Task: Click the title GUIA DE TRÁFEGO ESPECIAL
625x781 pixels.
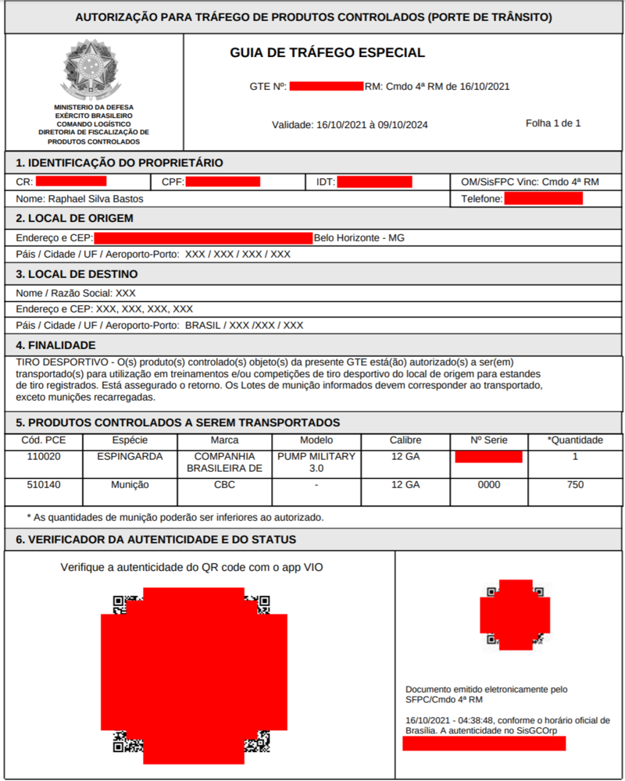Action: click(327, 53)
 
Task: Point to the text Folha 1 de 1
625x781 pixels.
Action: click(553, 123)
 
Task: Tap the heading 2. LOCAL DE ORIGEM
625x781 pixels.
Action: click(75, 218)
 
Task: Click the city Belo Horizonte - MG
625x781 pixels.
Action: click(359, 237)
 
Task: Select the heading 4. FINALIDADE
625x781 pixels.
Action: click(56, 345)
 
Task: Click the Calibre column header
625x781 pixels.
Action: click(405, 440)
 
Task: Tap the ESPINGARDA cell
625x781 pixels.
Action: click(130, 456)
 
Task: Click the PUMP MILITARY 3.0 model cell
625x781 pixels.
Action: click(316, 462)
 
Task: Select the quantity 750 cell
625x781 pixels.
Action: click(575, 485)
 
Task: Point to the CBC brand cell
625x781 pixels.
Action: click(225, 485)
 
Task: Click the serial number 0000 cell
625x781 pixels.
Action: click(489, 485)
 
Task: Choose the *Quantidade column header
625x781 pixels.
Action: click(575, 440)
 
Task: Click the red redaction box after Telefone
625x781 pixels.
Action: click(544, 199)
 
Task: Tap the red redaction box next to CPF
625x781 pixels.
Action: click(223, 182)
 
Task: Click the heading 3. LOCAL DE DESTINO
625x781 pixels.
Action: click(77, 274)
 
